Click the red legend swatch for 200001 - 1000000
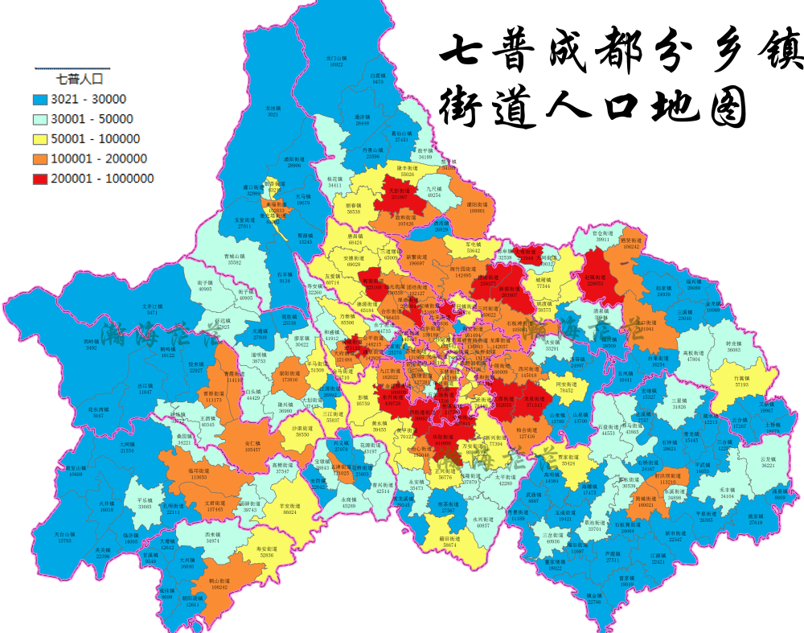41,179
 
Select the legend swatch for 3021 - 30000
41,99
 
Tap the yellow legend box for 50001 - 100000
41,139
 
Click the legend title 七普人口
79,79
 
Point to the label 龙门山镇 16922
335,61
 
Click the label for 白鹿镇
379,79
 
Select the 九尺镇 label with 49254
434,191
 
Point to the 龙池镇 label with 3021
273,111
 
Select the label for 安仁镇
252,446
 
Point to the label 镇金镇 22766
593,598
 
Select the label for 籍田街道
448,542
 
